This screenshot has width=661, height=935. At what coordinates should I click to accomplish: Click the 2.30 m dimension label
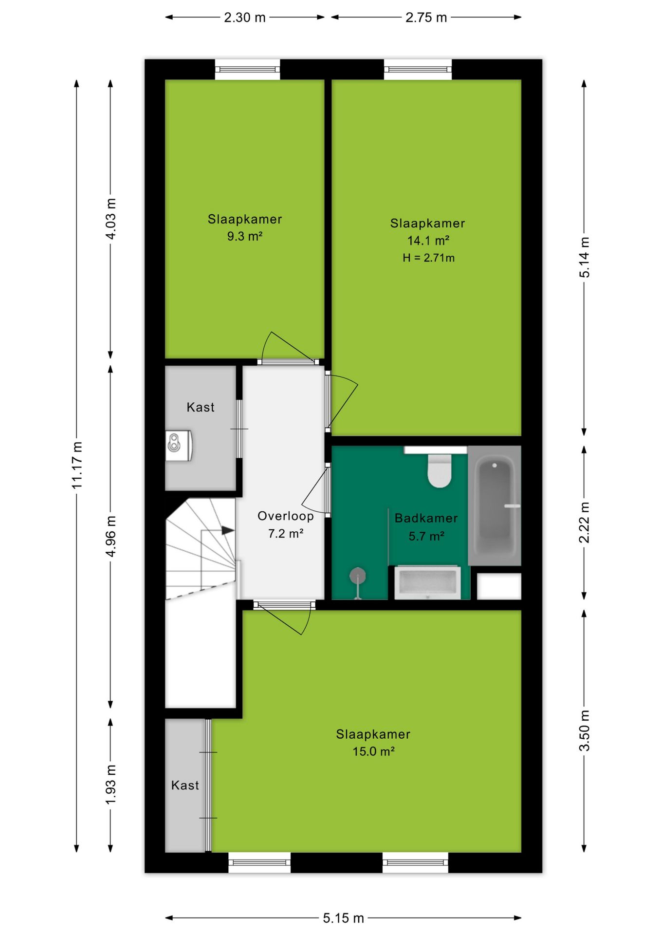(244, 18)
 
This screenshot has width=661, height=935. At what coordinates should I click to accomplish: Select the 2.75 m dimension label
(426, 18)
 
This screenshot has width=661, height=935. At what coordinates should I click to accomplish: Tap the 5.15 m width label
(343, 918)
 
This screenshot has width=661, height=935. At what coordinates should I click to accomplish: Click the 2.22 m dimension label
(584, 522)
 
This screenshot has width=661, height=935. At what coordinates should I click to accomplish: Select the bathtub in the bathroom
(495, 505)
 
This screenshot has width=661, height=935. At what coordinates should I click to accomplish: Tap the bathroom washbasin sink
(427, 582)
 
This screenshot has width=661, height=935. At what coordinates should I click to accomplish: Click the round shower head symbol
(358, 576)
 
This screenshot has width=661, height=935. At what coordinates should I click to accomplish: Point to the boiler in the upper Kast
(179, 445)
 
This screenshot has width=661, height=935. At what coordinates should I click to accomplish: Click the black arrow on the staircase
(228, 530)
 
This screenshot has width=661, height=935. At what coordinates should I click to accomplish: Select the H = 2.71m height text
(428, 258)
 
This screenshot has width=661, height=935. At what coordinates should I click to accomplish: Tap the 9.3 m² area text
(245, 237)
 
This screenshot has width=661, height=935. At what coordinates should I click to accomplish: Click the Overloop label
(286, 516)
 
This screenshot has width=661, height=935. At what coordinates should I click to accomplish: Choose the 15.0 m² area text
(373, 751)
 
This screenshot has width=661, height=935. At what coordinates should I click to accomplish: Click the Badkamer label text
(426, 518)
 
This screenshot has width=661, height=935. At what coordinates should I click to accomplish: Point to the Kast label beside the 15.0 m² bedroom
(185, 785)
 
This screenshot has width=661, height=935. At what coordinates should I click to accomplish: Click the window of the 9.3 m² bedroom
(247, 69)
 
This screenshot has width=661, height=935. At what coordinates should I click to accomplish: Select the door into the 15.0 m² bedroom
(284, 617)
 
